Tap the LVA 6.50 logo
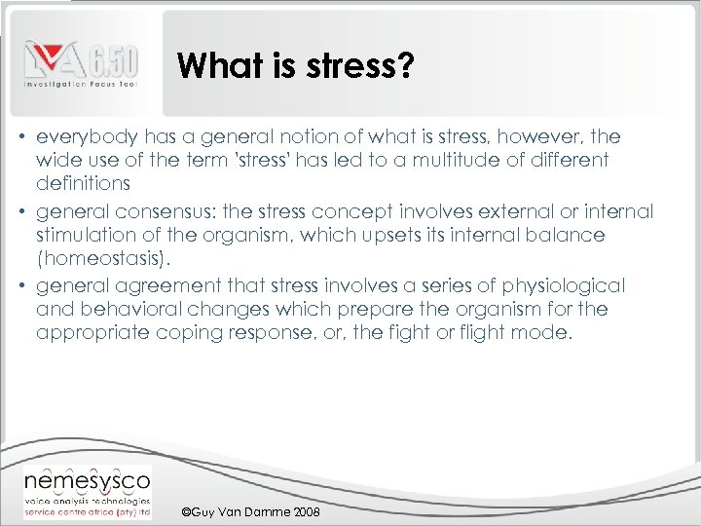[81, 60]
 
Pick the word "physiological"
[563, 285]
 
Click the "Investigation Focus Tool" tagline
[81, 85]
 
